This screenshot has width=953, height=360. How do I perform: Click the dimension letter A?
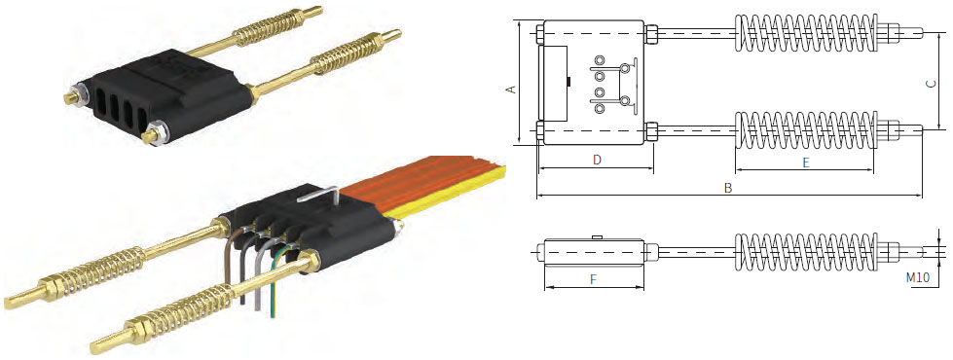point(511,89)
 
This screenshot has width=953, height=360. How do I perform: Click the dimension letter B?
point(728,188)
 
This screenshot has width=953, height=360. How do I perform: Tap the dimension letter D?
point(597,160)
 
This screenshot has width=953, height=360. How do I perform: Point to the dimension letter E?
point(806,162)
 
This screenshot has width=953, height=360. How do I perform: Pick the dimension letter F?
point(594,279)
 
